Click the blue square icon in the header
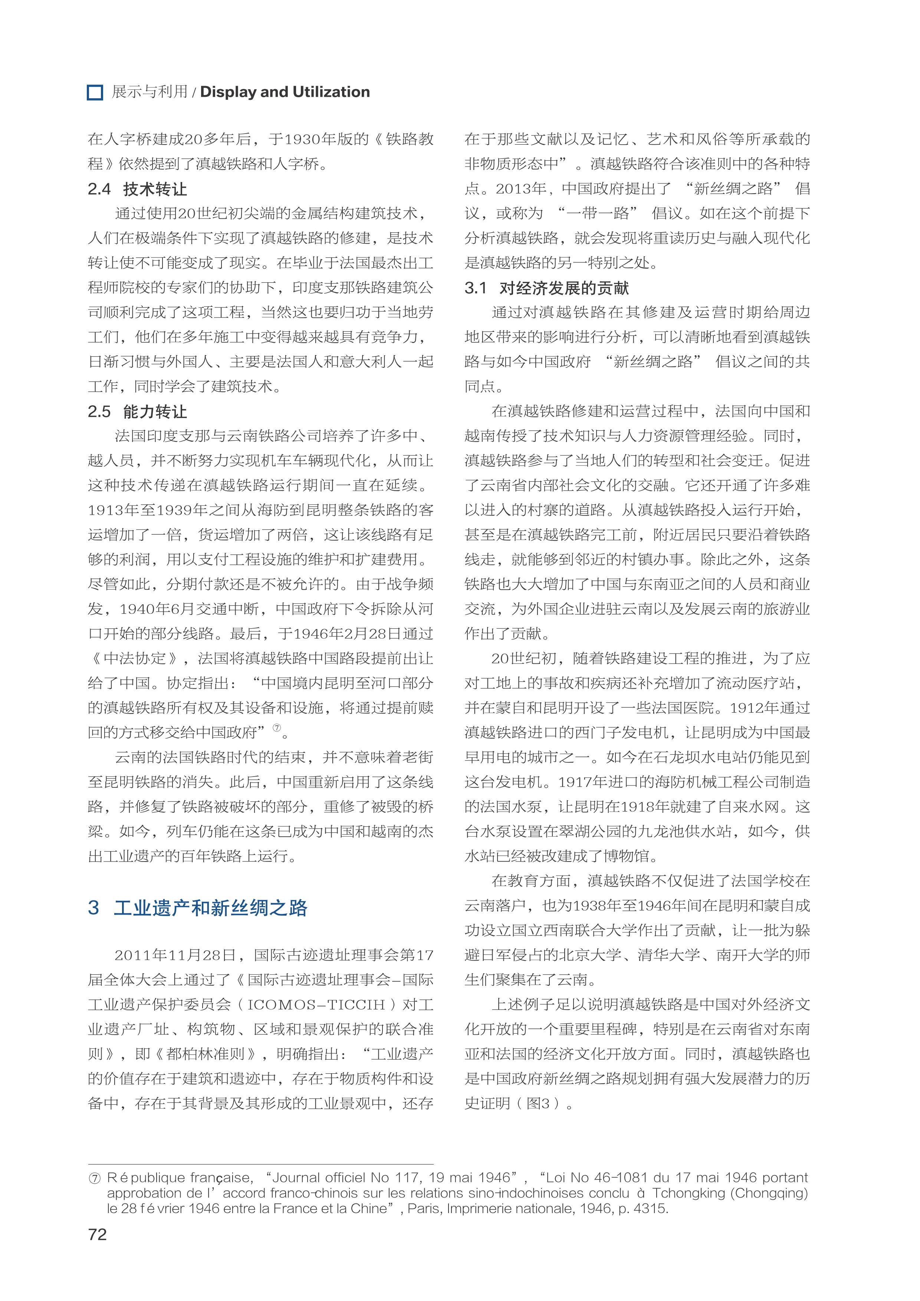(x=95, y=92)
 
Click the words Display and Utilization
(x=285, y=92)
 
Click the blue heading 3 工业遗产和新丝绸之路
(x=197, y=908)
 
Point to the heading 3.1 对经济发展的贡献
(x=546, y=288)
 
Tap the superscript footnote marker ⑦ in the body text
(x=277, y=728)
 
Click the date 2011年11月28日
(x=175, y=955)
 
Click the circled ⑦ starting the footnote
(x=95, y=1178)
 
